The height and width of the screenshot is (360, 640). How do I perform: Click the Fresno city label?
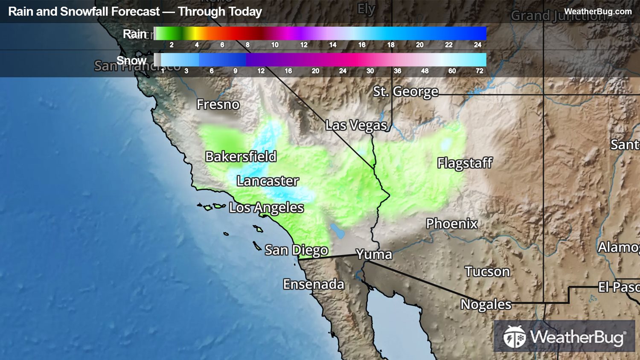(x=218, y=105)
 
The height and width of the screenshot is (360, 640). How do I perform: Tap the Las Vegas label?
(x=356, y=125)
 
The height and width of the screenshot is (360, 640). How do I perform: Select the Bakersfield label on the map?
(x=241, y=157)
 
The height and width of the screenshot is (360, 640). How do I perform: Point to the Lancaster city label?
(x=268, y=181)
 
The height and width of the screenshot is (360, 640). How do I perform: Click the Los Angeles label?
(x=266, y=208)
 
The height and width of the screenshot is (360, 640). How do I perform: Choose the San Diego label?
(x=297, y=250)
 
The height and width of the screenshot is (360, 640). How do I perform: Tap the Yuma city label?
(x=374, y=254)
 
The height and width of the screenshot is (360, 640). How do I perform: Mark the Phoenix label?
(x=451, y=224)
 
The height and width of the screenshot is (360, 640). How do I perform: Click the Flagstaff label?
(x=465, y=163)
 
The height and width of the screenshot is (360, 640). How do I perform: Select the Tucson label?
(x=487, y=272)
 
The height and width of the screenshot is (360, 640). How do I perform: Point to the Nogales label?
(x=486, y=304)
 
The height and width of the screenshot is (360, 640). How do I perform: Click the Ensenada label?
(x=314, y=284)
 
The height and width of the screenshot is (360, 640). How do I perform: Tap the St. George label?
(x=405, y=91)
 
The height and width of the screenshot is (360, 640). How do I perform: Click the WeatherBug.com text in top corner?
(x=598, y=12)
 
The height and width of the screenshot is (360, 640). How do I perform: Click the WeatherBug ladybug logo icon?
(x=515, y=337)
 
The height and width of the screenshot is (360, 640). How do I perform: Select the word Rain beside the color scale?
(x=134, y=34)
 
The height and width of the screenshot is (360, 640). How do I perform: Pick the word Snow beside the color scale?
(x=131, y=61)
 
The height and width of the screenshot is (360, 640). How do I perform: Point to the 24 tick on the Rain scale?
(x=477, y=45)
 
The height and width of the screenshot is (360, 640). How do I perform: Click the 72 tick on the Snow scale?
(x=479, y=71)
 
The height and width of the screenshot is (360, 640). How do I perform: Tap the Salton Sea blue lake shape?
(x=338, y=231)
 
